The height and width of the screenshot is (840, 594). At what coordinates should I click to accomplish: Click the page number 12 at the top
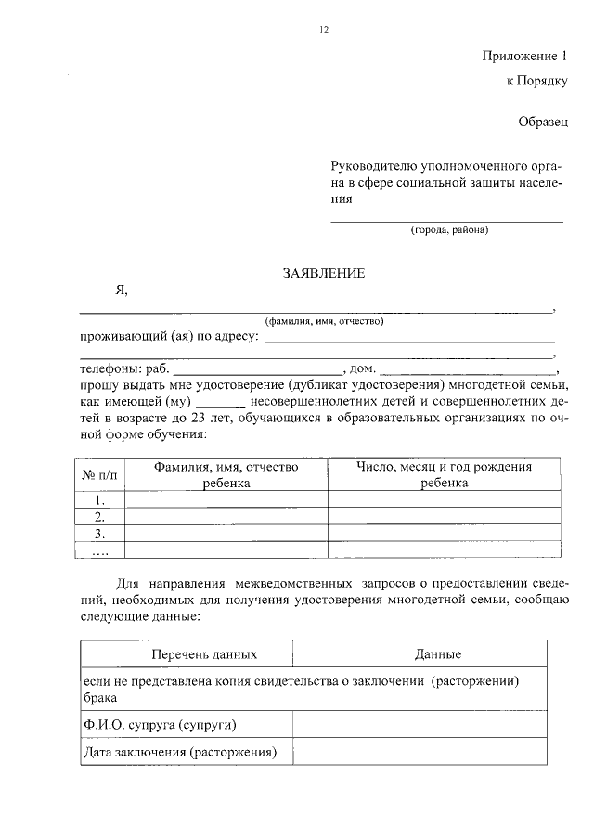(x=324, y=30)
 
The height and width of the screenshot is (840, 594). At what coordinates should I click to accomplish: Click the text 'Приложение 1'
(x=524, y=55)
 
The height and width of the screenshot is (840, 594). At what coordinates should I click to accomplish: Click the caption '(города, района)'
(x=449, y=229)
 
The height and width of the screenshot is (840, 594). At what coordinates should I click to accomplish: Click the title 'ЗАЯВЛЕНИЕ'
(x=324, y=273)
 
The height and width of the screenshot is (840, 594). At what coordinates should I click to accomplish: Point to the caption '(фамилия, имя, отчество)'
(x=323, y=321)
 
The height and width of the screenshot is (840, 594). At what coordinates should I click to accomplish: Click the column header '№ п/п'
(x=100, y=475)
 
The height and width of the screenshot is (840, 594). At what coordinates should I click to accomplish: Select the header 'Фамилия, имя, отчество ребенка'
(x=226, y=475)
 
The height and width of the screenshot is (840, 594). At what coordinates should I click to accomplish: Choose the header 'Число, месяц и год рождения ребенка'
(x=444, y=475)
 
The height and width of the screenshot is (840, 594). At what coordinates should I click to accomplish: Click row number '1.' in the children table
(x=100, y=500)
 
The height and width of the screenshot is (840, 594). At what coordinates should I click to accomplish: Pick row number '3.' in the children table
(x=100, y=535)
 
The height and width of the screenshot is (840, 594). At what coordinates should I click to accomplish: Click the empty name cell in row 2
(x=226, y=517)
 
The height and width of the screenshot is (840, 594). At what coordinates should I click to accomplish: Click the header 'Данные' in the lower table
(x=438, y=654)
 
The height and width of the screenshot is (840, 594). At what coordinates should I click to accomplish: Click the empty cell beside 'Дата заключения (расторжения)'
(x=425, y=753)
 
